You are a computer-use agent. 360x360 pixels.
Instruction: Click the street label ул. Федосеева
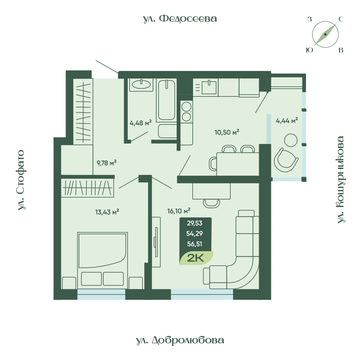(x=180, y=18)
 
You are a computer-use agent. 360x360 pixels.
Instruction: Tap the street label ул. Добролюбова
(x=180, y=340)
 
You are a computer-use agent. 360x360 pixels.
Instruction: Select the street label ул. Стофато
(x=21, y=180)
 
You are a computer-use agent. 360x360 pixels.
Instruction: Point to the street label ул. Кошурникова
(x=341, y=180)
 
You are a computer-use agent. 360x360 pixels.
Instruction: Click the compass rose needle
(x=325, y=34)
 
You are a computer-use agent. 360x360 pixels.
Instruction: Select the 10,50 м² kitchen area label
(x=226, y=132)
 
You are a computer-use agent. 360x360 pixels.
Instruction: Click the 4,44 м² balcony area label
(x=287, y=120)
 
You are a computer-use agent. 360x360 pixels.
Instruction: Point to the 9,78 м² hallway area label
(x=107, y=162)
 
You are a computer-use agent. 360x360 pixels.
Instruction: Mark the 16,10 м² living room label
(x=179, y=210)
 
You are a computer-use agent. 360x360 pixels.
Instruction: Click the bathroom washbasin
(x=142, y=85)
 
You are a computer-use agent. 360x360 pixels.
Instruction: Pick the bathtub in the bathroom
(x=166, y=100)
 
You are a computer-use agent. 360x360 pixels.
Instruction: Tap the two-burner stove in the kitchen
(x=186, y=112)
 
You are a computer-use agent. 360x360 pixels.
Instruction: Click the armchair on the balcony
(x=286, y=159)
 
